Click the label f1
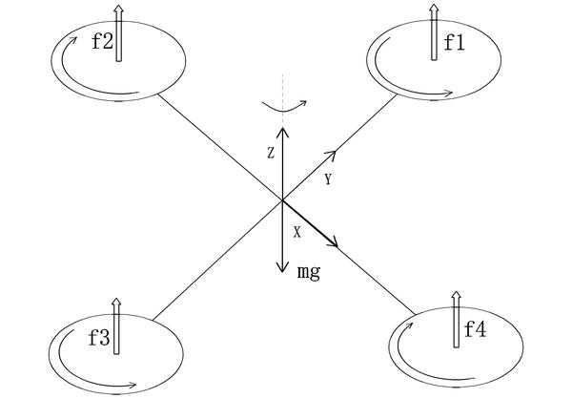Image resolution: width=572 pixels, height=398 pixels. (454, 42)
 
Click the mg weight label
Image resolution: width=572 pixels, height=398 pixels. (308, 272)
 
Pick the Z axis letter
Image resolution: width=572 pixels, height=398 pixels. (271, 152)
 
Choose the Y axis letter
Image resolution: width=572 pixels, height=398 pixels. (328, 179)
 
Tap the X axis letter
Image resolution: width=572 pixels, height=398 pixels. (296, 231)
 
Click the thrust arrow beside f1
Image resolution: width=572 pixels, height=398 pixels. (434, 33)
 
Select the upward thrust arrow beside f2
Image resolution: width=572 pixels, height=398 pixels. (118, 33)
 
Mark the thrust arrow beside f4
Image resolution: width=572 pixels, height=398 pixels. (455, 323)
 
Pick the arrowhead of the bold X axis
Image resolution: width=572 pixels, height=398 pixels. (337, 242)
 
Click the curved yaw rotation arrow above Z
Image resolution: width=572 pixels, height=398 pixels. (282, 108)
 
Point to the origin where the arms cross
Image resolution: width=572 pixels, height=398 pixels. (282, 200)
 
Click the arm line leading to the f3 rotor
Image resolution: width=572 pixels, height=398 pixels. (210, 263)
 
